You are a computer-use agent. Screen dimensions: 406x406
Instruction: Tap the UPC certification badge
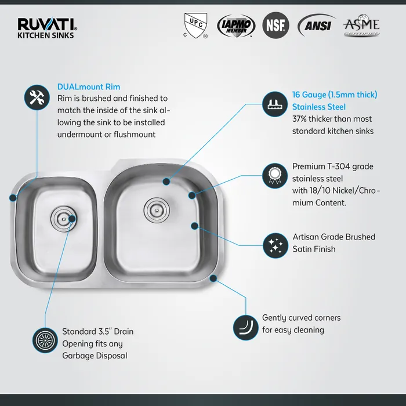pos(194,24)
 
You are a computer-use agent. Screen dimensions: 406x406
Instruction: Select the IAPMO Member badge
pos(235,26)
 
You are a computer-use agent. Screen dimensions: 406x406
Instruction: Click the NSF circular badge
pos(275,25)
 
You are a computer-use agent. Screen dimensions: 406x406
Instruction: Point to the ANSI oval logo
pos(316,26)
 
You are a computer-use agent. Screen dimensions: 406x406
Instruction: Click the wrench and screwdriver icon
pos(37,97)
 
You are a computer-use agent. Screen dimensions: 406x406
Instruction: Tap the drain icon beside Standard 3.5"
pos(44,340)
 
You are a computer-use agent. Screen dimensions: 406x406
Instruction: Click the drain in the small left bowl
pos(62,219)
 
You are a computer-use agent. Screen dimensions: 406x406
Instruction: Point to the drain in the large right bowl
pos(155,207)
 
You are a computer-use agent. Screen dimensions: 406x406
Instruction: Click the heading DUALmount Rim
pos(89,87)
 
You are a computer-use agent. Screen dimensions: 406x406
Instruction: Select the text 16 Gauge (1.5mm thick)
pos(335,95)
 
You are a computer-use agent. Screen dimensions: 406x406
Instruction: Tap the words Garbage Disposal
pos(95,356)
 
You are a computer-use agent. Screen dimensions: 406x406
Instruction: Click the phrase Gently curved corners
pos(301,318)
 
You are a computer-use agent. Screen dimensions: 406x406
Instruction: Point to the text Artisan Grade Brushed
pos(333,237)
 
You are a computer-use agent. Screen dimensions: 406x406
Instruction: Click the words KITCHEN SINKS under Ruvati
pos(46,35)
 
